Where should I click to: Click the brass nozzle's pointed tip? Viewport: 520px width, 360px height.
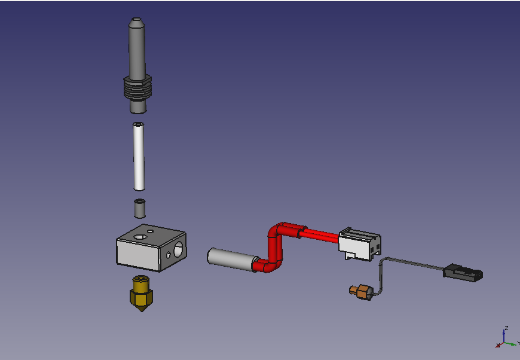tap(142, 312)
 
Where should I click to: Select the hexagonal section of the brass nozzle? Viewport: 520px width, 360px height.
tap(141, 296)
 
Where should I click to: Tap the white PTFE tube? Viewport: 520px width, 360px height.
tap(139, 156)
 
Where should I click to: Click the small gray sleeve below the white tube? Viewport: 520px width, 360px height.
tap(140, 208)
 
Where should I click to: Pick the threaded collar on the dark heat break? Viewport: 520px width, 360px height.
tap(137, 88)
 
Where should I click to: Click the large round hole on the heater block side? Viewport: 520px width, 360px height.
tap(179, 249)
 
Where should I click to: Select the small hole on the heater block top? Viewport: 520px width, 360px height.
tap(151, 231)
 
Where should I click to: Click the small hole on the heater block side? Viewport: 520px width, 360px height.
tap(169, 255)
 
